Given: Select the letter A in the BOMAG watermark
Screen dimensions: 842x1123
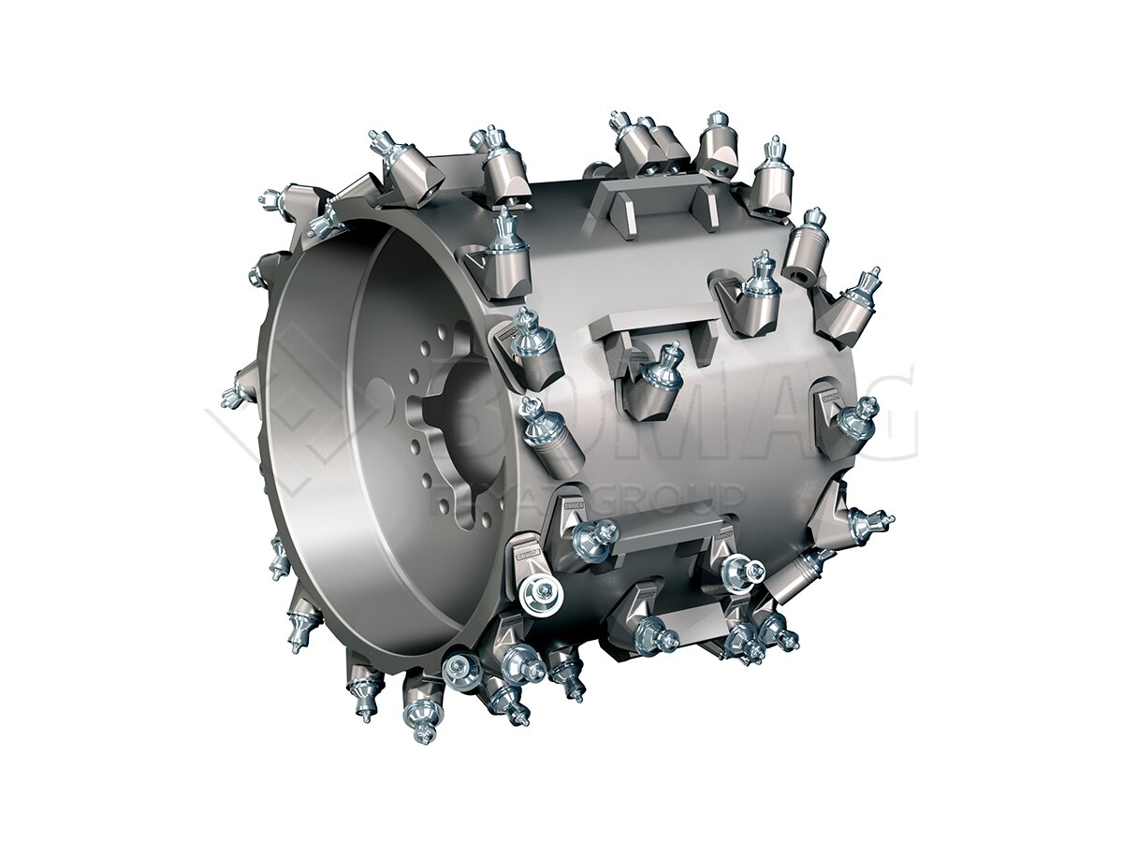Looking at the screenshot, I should coord(749,412).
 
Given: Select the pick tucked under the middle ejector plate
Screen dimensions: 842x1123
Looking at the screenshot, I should coord(666,372).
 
